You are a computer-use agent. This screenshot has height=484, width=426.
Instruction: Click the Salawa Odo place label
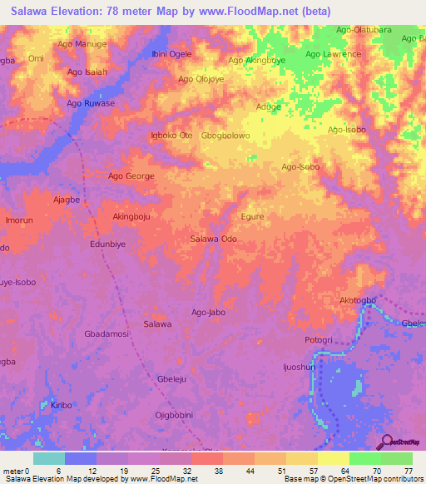pos(214,239)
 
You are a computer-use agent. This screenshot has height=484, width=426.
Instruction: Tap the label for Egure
pos(252,216)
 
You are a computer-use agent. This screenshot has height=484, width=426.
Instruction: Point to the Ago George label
pos(131,176)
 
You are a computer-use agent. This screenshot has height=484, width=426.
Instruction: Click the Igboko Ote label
pos(171,136)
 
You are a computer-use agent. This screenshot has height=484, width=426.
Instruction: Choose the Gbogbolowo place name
pos(225,136)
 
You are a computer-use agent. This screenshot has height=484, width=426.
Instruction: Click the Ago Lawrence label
pos(333,55)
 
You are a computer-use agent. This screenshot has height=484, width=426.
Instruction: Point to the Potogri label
pos(318,341)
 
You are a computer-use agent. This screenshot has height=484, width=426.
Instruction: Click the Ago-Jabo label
pos(209,313)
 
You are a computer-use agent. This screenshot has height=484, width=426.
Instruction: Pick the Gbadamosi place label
pos(106,333)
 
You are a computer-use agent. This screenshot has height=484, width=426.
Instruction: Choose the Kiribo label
pos(62,405)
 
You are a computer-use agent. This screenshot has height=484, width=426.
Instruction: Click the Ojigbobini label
pos(174,414)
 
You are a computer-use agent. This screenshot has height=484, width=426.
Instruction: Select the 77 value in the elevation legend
pos(409,471)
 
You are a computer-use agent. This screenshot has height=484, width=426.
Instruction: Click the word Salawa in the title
pos(27,11)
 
